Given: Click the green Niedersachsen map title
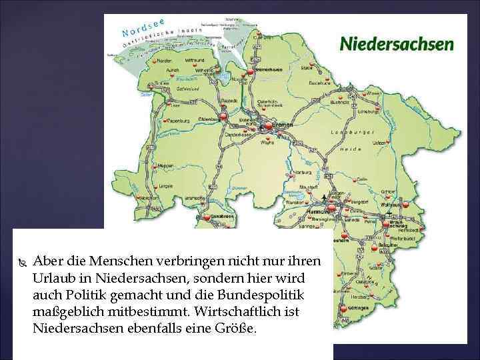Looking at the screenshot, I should pos(397,45).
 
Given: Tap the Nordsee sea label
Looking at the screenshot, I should pos(143,26).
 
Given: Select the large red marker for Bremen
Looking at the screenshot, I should pos(267,124).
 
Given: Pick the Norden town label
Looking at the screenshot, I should pos(164,61).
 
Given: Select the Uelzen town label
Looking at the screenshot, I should pos(379,143).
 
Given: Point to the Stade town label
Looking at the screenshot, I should pos(307,67).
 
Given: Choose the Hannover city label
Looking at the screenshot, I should pos(319,211).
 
